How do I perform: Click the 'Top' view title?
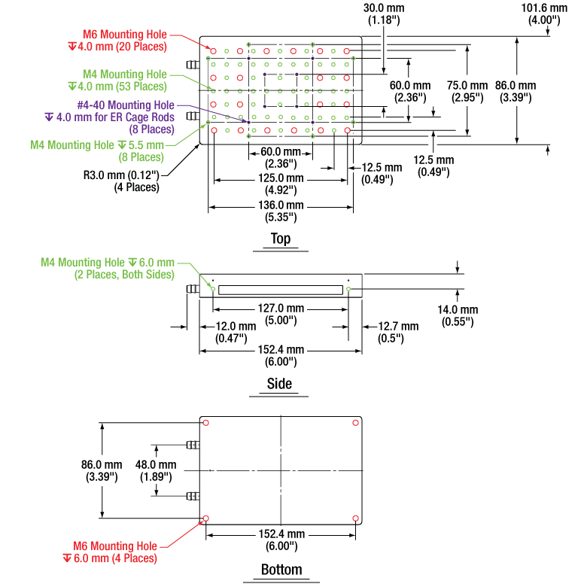click(281, 239)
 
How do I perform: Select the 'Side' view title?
click(279, 384)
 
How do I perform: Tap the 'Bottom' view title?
click(281, 570)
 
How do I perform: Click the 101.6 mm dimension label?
click(544, 14)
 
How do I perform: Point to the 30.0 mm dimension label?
click(384, 14)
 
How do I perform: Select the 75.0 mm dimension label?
click(467, 91)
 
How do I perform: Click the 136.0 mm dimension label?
click(281, 211)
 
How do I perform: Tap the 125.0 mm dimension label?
click(281, 184)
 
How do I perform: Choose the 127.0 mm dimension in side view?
click(281, 315)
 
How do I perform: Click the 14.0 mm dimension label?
click(458, 315)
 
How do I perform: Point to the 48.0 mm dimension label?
click(156, 470)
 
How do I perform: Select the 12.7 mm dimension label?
click(398, 332)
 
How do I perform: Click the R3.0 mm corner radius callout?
click(121, 181)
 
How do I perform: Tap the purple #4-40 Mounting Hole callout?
click(109, 117)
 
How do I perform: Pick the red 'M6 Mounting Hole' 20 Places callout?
click(117, 41)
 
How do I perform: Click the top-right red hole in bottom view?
click(356, 423)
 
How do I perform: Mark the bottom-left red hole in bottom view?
click(205, 518)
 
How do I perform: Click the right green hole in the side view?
click(348, 289)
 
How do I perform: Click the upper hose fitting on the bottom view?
click(193, 445)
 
